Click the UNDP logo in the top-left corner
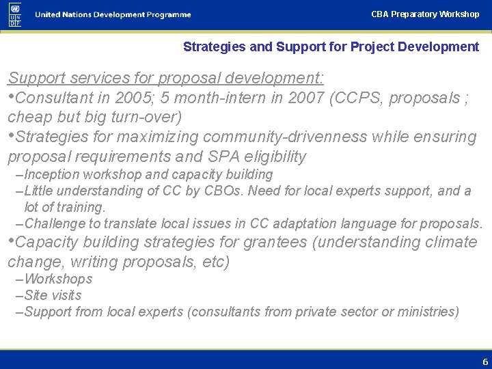[15, 14]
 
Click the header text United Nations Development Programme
[113, 15]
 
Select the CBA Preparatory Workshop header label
[425, 14]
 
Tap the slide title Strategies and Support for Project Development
[331, 47]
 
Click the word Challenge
[53, 223]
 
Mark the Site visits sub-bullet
[52, 295]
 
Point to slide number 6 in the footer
[485, 362]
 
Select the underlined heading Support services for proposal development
[165, 77]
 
